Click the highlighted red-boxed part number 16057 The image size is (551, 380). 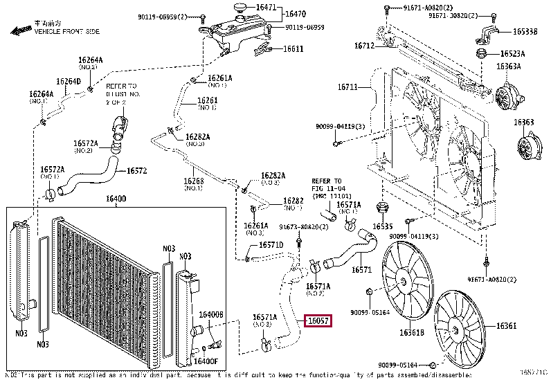tap(318, 321)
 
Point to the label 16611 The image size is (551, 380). tap(293, 48)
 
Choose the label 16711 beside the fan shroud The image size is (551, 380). tap(348, 87)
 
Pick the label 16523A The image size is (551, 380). tap(513, 53)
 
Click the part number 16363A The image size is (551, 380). tap(508, 67)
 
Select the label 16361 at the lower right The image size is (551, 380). tap(507, 325)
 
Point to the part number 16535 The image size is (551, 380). tap(382, 226)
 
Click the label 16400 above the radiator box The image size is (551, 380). tap(116, 199)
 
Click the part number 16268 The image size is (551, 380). tap(193, 181)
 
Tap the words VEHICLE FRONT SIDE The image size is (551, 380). tap(66, 32)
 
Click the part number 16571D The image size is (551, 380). tap(271, 244)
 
